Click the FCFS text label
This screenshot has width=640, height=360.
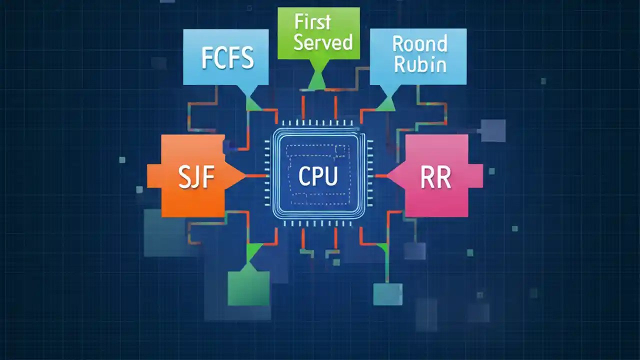coord(227,58)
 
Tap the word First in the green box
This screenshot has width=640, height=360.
coord(312,22)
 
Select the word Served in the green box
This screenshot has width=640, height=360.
coord(323,42)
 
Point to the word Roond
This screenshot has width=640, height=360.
coord(419,44)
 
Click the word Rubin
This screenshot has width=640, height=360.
coord(419,65)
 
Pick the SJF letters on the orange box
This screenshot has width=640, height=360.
coord(196,177)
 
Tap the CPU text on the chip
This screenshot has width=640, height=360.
coord(318,176)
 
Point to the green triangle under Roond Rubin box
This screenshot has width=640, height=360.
coord(387,103)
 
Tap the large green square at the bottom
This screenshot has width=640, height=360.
coord(248,288)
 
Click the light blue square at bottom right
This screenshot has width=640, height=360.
coord(388,294)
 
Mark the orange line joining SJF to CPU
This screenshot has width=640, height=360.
coord(258,175)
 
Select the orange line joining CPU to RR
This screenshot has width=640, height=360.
coord(381,175)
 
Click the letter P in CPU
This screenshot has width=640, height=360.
coord(318,176)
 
